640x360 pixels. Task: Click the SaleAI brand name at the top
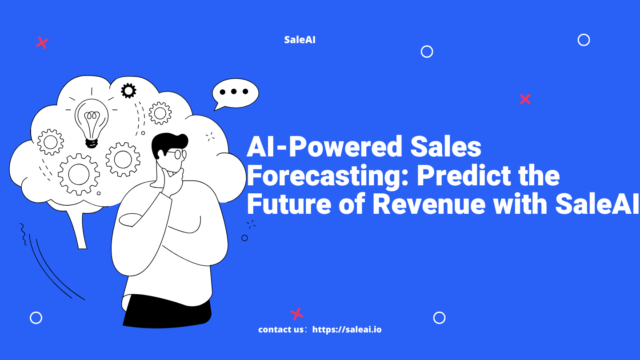tap(300, 40)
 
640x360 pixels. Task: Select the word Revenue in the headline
tap(429, 204)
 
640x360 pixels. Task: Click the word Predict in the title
tap(464, 175)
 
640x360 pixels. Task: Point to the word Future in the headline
tap(289, 204)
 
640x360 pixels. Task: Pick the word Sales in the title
tap(446, 147)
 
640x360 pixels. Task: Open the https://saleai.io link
tap(347, 329)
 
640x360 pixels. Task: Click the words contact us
tap(281, 329)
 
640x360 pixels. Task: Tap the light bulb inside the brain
tap(92, 123)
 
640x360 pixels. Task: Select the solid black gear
tap(128, 91)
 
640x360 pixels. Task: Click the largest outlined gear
tap(79, 174)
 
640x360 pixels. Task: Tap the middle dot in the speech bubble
tap(234, 92)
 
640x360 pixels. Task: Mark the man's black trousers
tap(167, 312)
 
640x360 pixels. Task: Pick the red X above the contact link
tap(297, 314)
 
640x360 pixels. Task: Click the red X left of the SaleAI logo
tap(42, 43)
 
